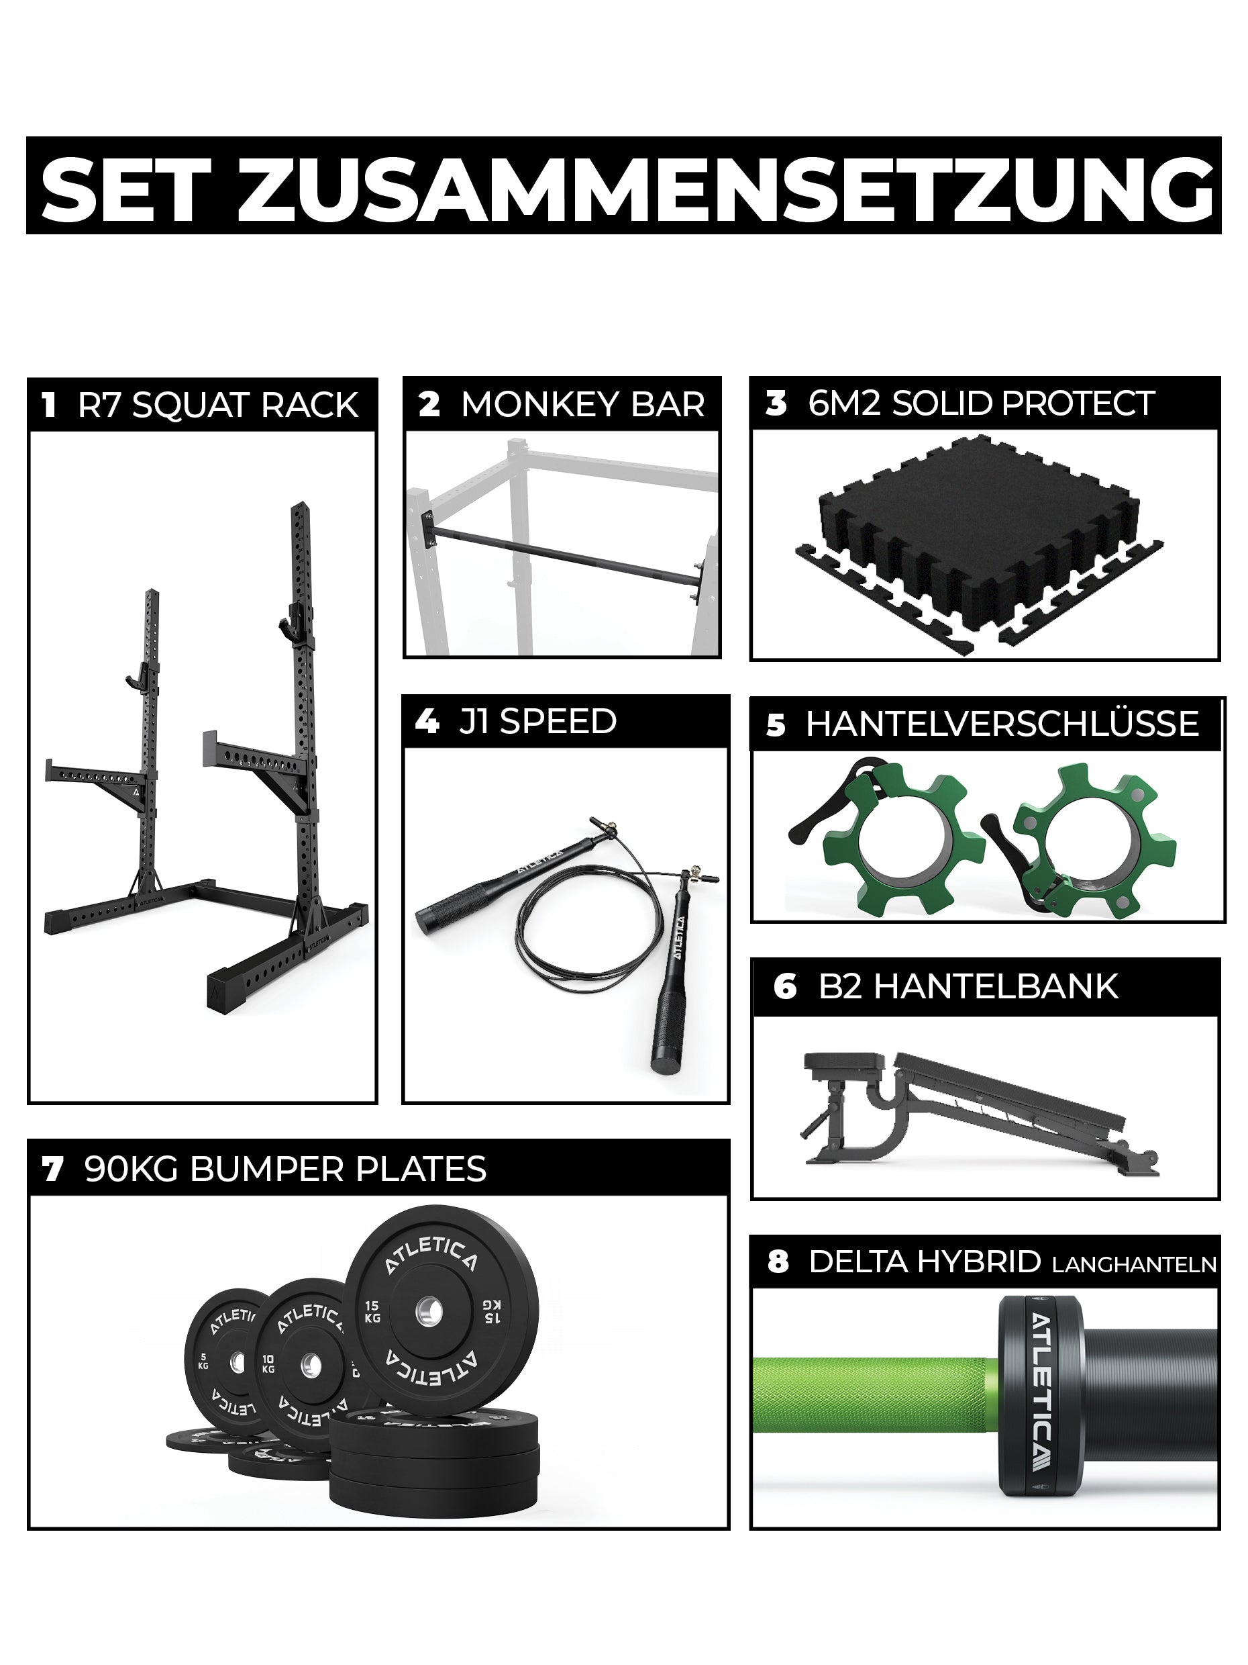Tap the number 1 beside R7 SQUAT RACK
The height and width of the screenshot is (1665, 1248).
50,405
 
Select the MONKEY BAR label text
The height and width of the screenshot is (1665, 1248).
582,404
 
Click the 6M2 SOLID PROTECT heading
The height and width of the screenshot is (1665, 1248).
981,403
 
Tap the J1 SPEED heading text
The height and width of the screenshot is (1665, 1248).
537,721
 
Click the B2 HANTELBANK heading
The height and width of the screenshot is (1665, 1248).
968,987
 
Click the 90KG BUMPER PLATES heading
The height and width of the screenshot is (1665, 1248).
286,1169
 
